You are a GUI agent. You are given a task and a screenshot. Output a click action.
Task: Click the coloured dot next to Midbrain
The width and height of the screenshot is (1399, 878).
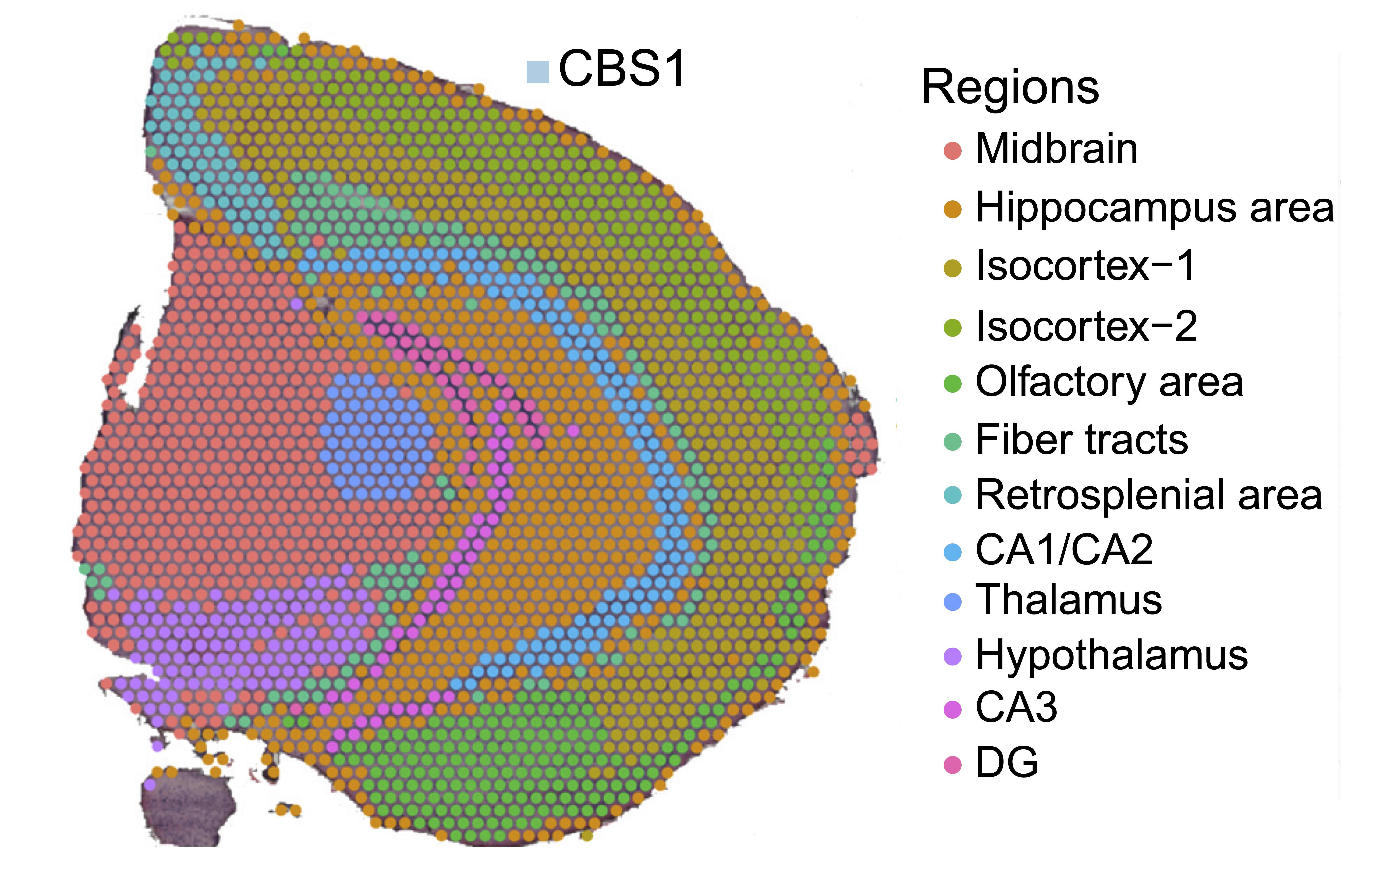pos(952,150)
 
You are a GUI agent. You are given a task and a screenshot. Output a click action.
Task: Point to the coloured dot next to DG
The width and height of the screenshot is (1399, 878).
pos(952,764)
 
